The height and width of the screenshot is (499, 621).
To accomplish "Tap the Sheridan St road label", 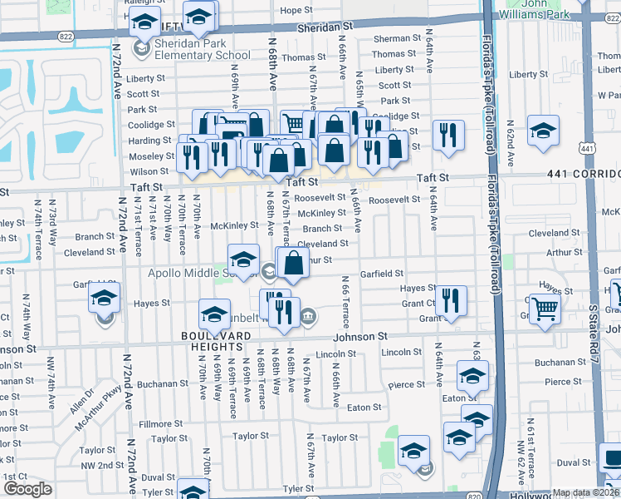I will [325, 27].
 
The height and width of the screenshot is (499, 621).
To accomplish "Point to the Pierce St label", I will [407, 384].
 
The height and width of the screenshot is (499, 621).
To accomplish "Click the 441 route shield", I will [588, 147].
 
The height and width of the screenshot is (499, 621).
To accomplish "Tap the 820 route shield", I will [474, 496].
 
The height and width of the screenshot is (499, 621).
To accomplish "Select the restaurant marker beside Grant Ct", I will [451, 301].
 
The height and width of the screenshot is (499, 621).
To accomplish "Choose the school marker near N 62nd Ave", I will [543, 131].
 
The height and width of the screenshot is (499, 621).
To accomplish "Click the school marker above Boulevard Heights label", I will [214, 315].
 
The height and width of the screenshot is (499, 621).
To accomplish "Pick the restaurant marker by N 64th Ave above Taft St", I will [448, 135].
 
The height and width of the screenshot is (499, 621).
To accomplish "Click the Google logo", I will [27, 489].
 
